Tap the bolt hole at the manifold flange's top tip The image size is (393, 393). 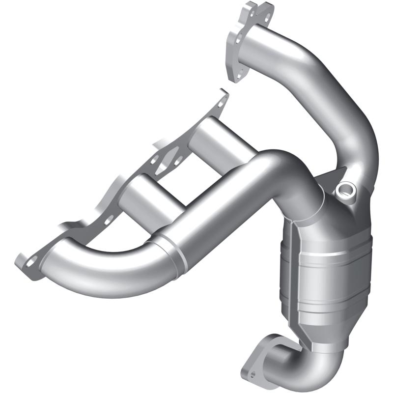click(x=220, y=101)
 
